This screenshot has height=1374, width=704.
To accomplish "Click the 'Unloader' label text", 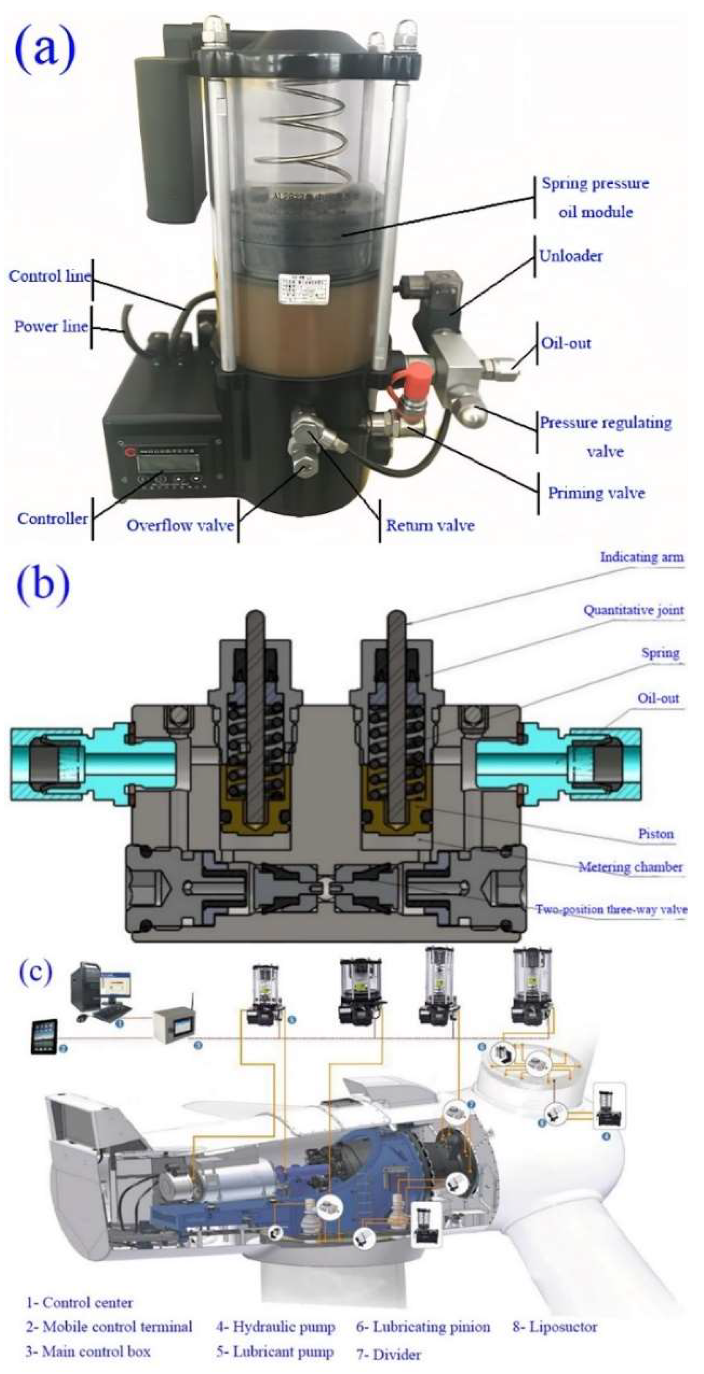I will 570,256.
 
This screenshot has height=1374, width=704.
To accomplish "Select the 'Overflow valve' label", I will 180,525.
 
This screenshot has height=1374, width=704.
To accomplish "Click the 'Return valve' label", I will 430,525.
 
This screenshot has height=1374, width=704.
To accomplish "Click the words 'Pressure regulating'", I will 605,423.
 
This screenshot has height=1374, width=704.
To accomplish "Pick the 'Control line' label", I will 49,276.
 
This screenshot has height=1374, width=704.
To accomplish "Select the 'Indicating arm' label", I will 641,557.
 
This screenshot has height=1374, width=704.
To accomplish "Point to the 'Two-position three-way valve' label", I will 611,909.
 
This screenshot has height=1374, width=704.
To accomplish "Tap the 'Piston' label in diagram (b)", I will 655,834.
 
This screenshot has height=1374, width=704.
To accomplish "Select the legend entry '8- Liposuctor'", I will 554,1327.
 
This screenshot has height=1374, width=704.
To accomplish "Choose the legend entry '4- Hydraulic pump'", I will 275,1327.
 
